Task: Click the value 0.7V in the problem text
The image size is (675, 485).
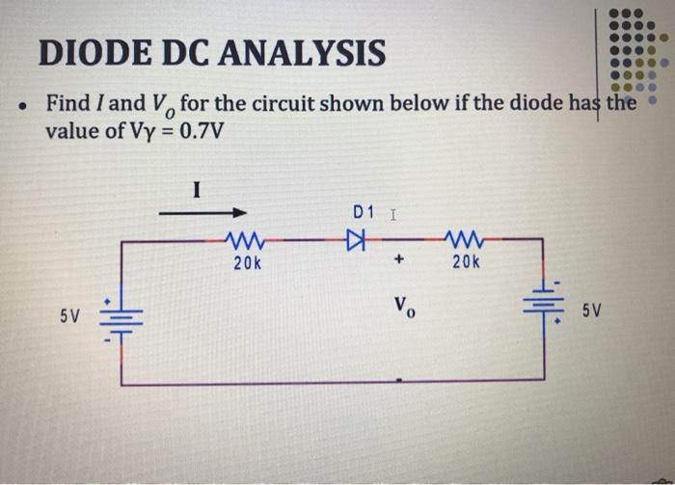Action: click(x=197, y=130)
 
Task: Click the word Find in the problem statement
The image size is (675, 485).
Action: click(x=66, y=103)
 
